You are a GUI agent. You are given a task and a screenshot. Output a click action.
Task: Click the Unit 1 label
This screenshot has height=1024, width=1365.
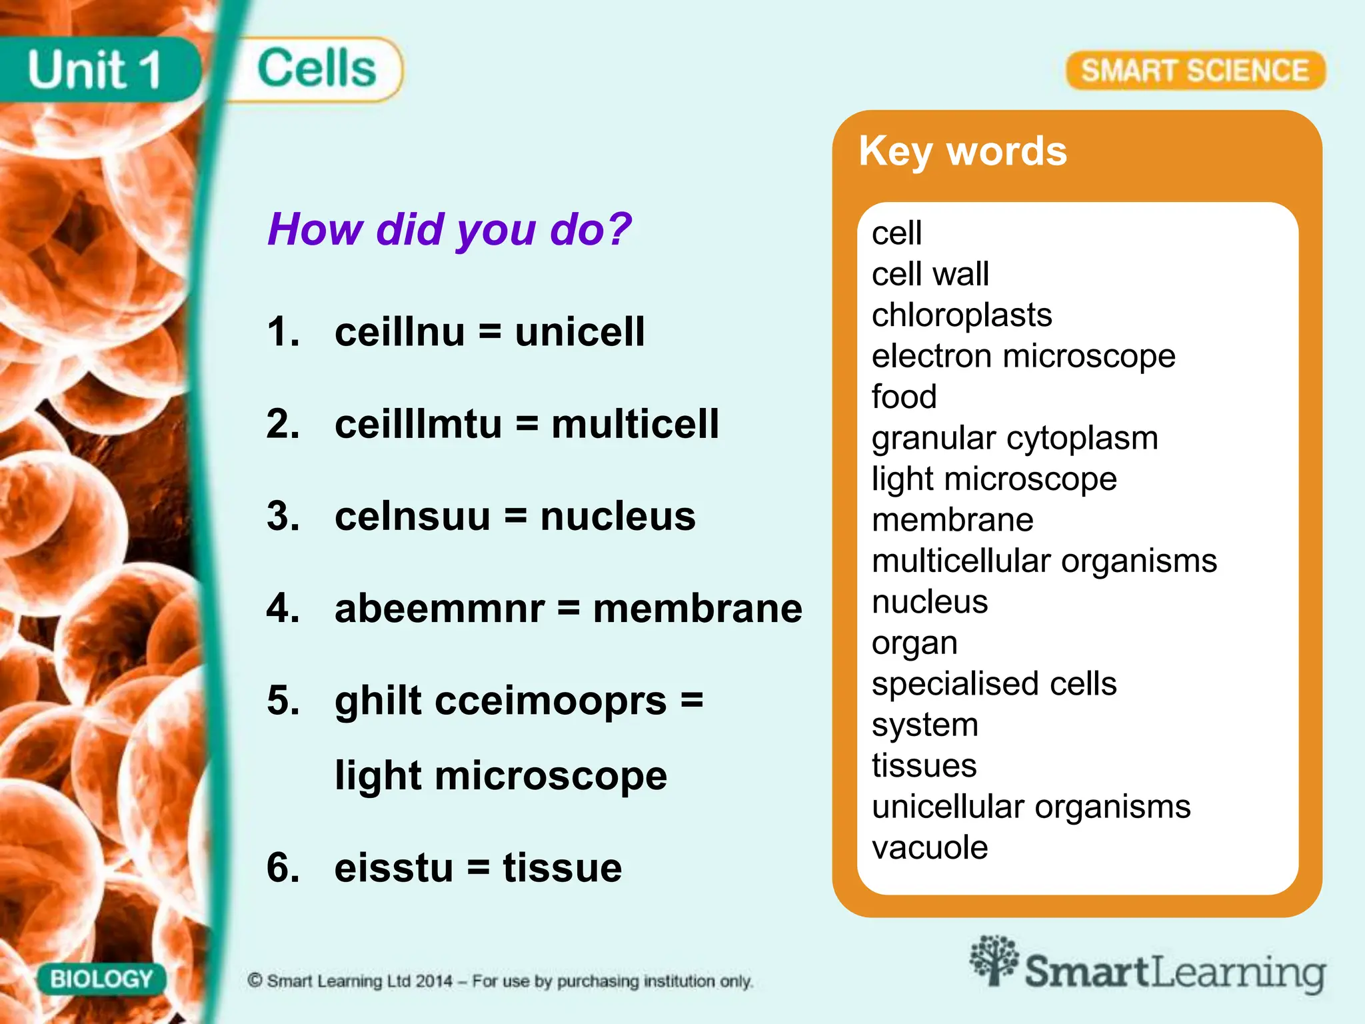click(x=94, y=70)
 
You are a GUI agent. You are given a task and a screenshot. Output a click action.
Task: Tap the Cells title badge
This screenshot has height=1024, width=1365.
click(x=317, y=69)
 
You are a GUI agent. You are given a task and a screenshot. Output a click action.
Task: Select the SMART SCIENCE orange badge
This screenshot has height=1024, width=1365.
click(x=1195, y=71)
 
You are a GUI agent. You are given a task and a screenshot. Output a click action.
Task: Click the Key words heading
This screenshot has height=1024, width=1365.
click(x=962, y=151)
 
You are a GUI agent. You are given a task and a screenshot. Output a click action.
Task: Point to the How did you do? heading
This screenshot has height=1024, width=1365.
click(x=449, y=229)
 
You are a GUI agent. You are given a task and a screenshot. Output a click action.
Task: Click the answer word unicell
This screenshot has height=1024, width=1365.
click(x=579, y=331)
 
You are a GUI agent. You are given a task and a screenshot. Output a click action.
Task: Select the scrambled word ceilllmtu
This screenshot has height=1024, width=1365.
click(x=418, y=424)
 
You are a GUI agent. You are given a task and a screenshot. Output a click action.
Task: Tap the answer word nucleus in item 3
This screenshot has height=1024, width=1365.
click(x=617, y=516)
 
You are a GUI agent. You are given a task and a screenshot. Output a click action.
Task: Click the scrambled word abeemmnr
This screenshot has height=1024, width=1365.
click(x=439, y=608)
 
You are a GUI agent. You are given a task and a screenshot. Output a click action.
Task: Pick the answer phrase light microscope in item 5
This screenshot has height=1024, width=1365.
click(x=501, y=776)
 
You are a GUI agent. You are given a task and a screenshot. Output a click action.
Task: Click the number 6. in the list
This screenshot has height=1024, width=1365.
click(x=283, y=868)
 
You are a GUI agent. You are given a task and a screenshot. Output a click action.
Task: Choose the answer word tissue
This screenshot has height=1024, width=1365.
click(x=562, y=868)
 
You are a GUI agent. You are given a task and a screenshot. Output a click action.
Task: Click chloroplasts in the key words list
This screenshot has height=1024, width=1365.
click(x=961, y=315)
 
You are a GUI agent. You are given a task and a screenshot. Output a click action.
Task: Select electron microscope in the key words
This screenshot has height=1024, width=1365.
click(x=1023, y=356)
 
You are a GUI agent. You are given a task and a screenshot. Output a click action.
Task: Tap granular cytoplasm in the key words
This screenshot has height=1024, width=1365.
click(x=1014, y=438)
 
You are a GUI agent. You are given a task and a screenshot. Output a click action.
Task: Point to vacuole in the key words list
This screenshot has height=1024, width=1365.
click(x=929, y=848)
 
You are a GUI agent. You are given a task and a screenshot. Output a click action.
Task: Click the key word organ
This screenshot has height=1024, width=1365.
click(x=914, y=643)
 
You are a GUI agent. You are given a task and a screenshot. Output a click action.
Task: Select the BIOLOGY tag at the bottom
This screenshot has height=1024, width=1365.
click(x=101, y=979)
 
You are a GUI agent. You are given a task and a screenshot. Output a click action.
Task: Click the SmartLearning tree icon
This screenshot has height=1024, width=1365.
click(x=994, y=960)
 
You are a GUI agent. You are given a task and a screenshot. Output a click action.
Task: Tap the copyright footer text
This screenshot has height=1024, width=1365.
click(x=500, y=981)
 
